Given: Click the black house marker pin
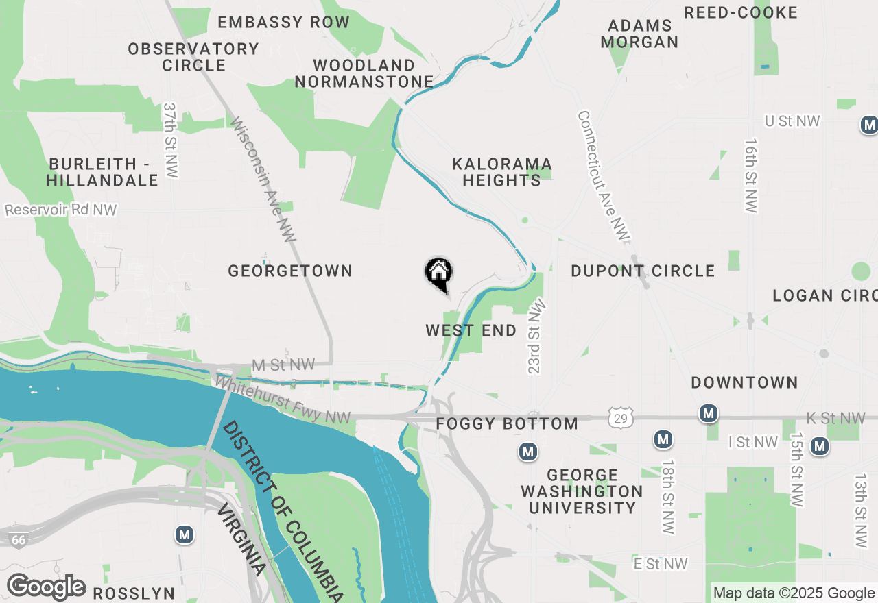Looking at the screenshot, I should point(439,273).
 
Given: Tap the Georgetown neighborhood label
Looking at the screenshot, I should point(290,271).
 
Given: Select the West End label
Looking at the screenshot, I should point(471,331).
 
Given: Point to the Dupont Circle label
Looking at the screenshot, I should point(643,271).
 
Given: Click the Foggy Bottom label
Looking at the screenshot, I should point(507,424).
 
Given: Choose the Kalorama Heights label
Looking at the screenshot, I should point(502,172).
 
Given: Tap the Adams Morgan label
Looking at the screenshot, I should point(639,34).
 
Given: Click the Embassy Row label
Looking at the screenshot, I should point(284,22).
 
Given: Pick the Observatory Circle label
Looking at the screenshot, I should point(193,57).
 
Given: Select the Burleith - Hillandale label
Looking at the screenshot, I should point(103,172).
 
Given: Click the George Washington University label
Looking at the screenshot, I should point(582,491).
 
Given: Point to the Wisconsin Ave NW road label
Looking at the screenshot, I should point(263,180).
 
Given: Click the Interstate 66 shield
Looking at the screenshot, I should point(19,540).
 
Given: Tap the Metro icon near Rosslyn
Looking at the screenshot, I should point(184,534).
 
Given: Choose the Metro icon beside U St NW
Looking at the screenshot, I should point(869,125).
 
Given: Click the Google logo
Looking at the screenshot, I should point(47,587).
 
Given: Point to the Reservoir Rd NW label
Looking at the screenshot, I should point(61,210).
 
